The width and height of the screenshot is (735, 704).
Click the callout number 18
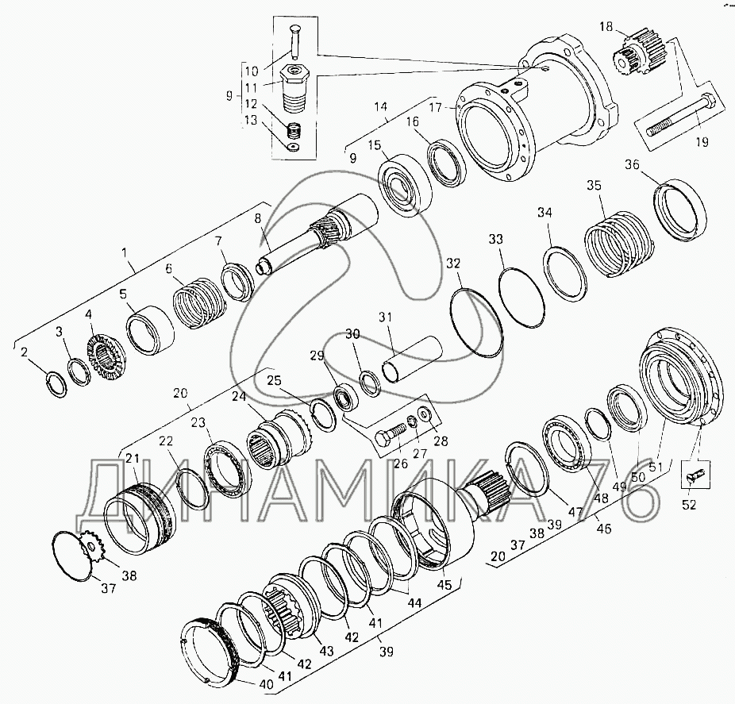[x=606, y=27]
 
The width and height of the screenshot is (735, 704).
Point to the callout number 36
[x=632, y=164]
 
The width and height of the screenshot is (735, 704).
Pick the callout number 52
[x=689, y=504]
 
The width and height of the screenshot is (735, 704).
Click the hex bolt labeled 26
[x=390, y=435]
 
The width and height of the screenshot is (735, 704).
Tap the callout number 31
[x=385, y=317]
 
